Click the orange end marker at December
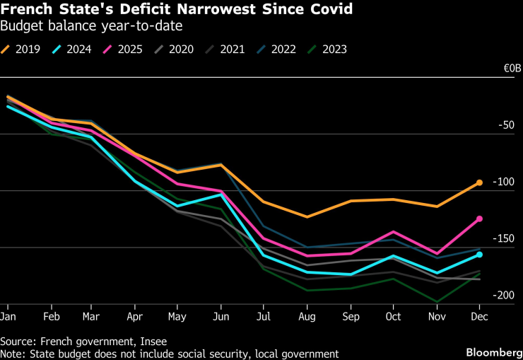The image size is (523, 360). click(x=479, y=182)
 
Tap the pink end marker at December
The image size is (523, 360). click(x=479, y=219)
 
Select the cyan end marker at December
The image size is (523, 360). click(x=479, y=255)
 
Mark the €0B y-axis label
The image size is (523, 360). click(x=512, y=69)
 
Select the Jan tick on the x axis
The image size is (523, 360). click(x=8, y=315)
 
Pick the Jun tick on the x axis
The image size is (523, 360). click(x=221, y=315)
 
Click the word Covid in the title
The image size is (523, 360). click(x=330, y=11)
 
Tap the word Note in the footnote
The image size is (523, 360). click(x=12, y=353)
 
